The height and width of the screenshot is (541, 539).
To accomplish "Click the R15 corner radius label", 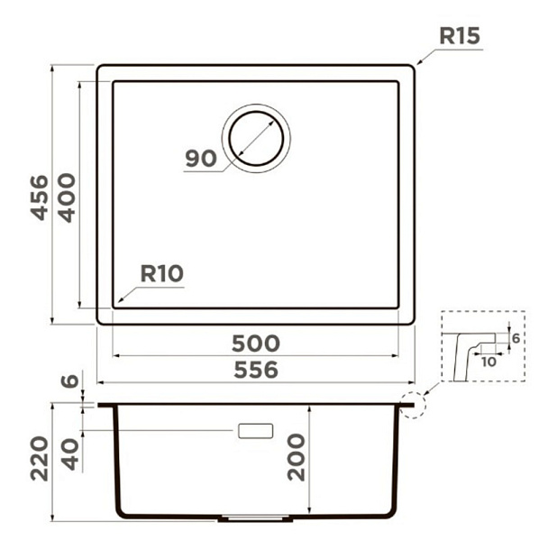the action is tap(460, 36).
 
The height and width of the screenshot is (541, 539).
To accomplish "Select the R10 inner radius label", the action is tap(161, 273).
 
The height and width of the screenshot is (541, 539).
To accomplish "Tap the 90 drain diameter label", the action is tap(201, 159).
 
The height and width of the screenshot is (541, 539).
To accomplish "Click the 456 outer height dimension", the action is tap(40, 197).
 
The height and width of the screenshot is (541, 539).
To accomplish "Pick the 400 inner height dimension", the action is tap(66, 197).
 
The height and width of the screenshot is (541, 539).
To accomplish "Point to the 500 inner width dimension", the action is tap(256, 344).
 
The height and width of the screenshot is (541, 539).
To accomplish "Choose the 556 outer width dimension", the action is tap(256, 370).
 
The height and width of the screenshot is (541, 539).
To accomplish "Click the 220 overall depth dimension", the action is tap(39, 459).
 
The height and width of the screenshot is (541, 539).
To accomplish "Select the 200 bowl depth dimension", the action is tap(297, 457).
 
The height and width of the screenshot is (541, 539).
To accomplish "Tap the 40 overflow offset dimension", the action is tap(71, 454).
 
